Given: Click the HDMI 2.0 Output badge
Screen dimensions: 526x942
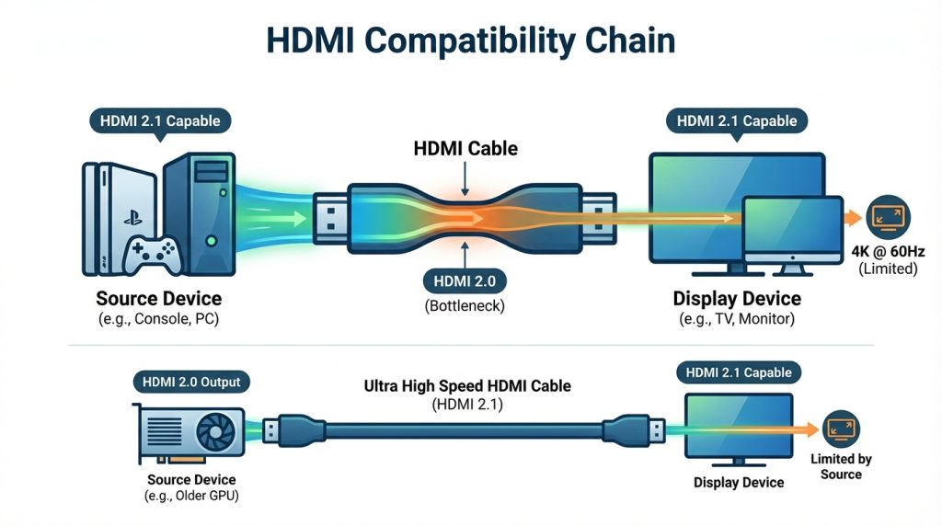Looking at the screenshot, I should (x=191, y=381).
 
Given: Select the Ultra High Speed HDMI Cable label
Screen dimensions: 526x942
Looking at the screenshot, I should (x=467, y=386).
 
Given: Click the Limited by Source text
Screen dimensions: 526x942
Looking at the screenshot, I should (x=841, y=466).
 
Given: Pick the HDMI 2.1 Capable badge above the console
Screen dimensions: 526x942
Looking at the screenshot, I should (x=160, y=120).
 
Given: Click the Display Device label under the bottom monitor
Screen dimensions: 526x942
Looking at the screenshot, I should (x=738, y=482).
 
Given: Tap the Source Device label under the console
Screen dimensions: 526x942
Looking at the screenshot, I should (x=158, y=298).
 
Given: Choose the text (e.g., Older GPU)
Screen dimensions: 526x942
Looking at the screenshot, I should (x=191, y=497).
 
